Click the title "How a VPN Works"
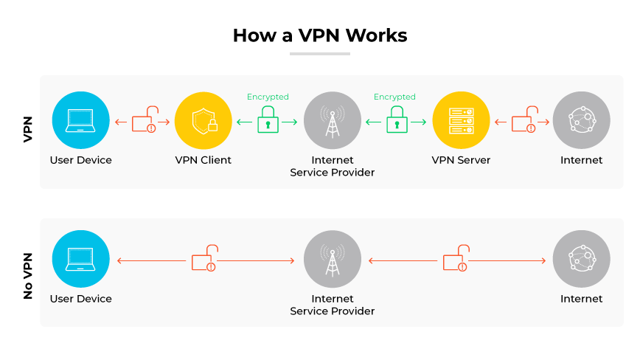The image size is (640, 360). pos(319,35)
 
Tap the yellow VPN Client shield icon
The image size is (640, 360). pos(204,120)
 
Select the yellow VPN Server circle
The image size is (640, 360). pos(461,120)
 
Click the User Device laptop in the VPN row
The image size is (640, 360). pos(80,120)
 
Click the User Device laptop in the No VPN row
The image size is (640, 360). pos(80,259)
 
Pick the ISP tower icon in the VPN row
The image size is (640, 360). pos(332,120)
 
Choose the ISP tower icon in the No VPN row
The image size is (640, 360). pos(332,259)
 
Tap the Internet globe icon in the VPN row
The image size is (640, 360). pos(581,120)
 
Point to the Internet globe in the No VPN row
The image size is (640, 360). pos(581,259)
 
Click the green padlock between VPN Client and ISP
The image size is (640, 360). pos(268,120)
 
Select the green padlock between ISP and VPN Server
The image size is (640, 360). pos(397,120)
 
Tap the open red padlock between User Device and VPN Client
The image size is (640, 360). pos(145,120)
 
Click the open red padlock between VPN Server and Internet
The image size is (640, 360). pos(524,120)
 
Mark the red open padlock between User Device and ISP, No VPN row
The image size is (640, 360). pos(204,259)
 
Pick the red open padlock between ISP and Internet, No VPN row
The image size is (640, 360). pos(455,259)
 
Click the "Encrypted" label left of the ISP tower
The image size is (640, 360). pos(268,97)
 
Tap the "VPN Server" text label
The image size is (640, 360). pos(461,160)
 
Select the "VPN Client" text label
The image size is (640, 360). pos(204,160)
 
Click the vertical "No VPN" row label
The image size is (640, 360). pos(28,273)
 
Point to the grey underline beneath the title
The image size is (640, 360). pos(319,53)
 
